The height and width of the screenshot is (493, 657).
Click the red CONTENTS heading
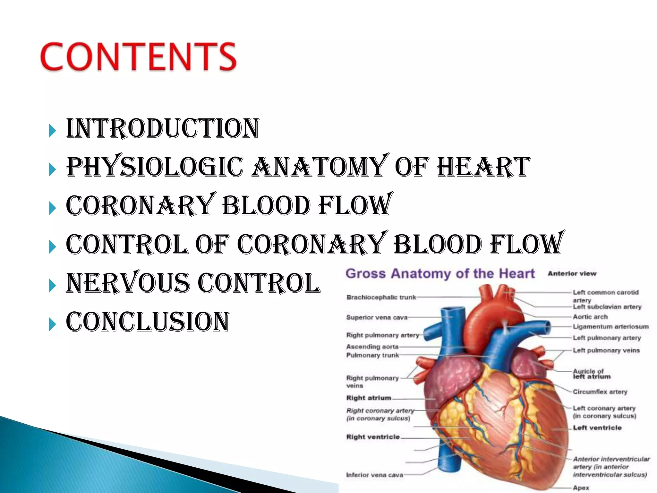pos(138,56)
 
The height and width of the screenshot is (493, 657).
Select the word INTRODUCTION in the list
pos(162,128)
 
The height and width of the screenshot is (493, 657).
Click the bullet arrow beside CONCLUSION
pos(52,325)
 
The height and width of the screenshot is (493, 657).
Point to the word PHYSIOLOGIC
pos(154,167)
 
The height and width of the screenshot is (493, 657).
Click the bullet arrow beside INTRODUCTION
pos(52,131)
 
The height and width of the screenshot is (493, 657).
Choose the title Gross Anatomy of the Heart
pos(440,274)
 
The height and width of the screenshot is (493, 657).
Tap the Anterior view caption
pos(572,274)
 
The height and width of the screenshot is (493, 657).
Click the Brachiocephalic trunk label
pos(381,298)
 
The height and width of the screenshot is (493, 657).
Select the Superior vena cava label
pos(377,317)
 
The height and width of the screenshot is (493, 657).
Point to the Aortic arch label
pos(590,317)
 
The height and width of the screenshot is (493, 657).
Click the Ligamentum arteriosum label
pos(610,327)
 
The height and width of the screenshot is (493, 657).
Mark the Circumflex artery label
pos(600,392)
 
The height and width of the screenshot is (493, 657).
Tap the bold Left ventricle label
pos(597,428)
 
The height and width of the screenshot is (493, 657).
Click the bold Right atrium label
pos(369,398)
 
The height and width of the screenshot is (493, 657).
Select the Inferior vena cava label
pos(374,475)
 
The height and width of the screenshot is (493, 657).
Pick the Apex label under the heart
pos(581,488)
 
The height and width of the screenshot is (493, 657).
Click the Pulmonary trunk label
pos(372,355)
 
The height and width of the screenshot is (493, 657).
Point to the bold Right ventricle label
pos(373,437)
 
